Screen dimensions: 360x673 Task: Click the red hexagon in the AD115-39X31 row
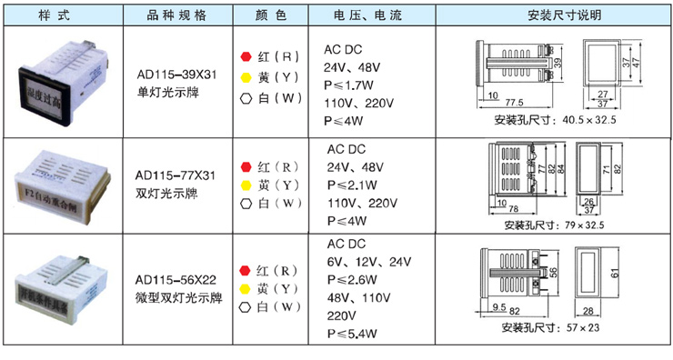click(245, 56)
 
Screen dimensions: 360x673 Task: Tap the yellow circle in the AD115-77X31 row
click(245, 185)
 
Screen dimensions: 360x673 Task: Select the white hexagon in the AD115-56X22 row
click(245, 307)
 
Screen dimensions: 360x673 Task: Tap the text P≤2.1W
click(349, 185)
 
